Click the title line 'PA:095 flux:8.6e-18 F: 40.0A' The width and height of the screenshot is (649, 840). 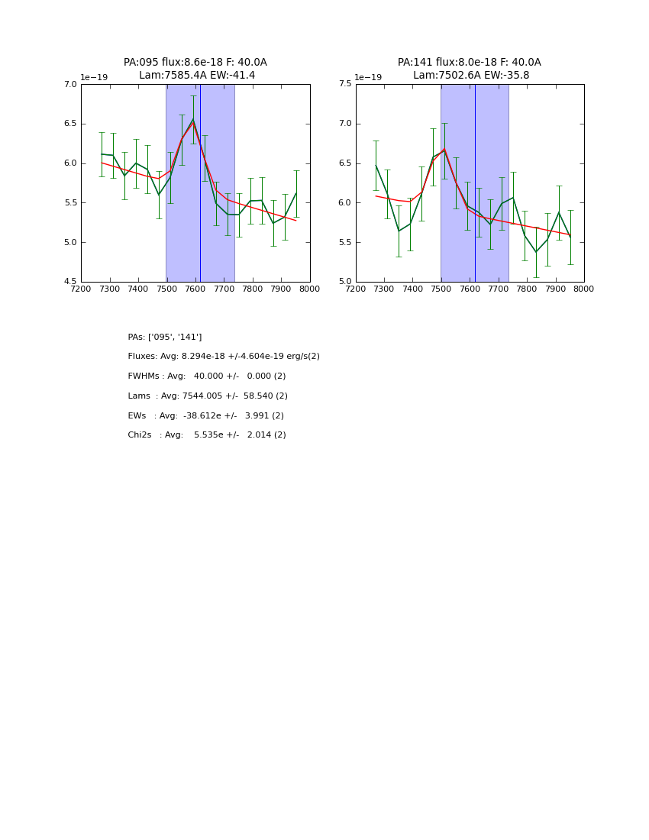(x=195, y=63)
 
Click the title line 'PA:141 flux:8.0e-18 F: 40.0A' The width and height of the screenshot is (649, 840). (x=469, y=63)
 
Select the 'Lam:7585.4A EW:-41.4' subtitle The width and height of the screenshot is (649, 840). (x=197, y=76)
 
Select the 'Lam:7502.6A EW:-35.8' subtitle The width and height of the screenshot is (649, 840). (x=471, y=76)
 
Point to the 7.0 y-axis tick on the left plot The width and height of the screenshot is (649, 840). (x=70, y=85)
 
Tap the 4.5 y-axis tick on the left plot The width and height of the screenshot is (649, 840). (x=70, y=282)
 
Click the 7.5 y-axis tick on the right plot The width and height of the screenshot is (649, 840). (x=344, y=85)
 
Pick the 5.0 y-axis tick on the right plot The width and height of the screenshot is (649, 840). (x=344, y=282)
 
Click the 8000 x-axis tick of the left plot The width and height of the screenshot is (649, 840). (x=309, y=289)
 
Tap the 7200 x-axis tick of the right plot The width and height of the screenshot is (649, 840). (x=356, y=289)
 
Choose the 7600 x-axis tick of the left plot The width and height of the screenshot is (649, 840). (x=195, y=289)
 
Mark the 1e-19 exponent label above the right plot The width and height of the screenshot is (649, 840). (x=368, y=78)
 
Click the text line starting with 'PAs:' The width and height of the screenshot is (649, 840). (x=165, y=337)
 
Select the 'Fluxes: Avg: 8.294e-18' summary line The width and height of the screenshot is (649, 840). (x=224, y=357)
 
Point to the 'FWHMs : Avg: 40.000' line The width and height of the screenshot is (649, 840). (x=207, y=376)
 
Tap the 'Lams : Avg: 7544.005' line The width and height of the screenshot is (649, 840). (x=208, y=396)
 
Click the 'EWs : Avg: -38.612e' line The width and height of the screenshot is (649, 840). (x=206, y=416)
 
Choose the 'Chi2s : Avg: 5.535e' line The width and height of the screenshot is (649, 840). (x=207, y=435)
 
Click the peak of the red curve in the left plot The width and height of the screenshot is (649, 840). (x=193, y=122)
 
